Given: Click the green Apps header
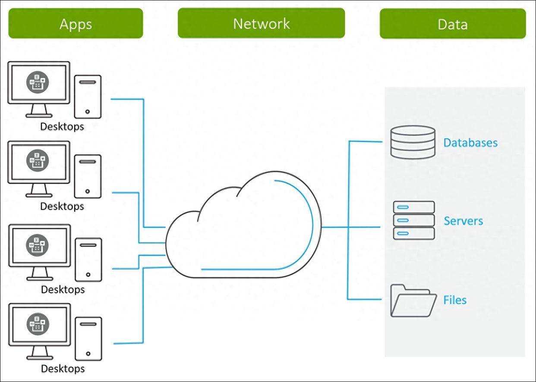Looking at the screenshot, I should [76, 23].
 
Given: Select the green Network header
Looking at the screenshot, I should [261, 23].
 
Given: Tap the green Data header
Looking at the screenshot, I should [452, 24].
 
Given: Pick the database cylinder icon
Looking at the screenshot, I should [413, 142].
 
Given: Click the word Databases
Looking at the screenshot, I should [470, 143].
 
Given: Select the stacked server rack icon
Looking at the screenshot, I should [413, 220].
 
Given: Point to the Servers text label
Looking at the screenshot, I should [463, 221].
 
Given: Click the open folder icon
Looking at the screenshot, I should [413, 301].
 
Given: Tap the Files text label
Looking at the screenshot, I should [455, 300].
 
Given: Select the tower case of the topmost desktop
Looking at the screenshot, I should [88, 97].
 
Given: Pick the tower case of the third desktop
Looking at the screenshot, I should [88, 260].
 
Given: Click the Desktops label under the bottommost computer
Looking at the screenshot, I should [63, 369].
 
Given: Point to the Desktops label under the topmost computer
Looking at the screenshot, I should [62, 127].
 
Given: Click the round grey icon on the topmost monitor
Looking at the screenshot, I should [38, 82].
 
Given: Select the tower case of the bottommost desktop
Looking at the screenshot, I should [88, 339].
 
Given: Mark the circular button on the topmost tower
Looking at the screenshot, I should [88, 112].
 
